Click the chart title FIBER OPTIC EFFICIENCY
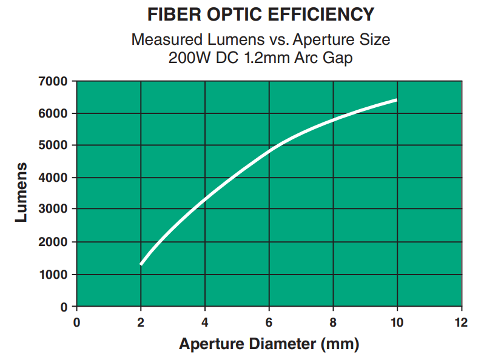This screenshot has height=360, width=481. click(x=261, y=14)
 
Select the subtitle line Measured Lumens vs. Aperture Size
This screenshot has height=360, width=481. click(x=261, y=41)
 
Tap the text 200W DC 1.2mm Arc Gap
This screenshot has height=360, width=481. click(x=261, y=59)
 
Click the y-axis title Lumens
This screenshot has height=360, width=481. click(x=21, y=193)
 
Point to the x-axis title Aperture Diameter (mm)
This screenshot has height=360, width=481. click(x=269, y=344)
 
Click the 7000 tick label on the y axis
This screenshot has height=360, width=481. click(x=56, y=81)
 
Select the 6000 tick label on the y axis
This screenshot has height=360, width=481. click(x=56, y=113)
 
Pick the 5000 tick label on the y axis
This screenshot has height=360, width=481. click(x=56, y=145)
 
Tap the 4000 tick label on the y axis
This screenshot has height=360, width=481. click(x=56, y=178)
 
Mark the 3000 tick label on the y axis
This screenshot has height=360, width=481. click(x=56, y=210)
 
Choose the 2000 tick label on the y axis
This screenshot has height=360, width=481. click(x=56, y=242)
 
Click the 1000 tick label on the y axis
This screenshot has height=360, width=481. click(x=56, y=275)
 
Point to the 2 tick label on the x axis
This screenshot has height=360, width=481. click(x=141, y=322)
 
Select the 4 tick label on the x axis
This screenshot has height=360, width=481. click(x=205, y=322)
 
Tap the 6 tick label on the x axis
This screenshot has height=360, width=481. click(x=269, y=322)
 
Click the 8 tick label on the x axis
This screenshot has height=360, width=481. click(x=333, y=322)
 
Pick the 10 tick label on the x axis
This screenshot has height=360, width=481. click(x=397, y=322)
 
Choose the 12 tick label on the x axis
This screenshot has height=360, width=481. click(x=461, y=322)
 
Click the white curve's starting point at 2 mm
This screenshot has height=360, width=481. click(x=141, y=264)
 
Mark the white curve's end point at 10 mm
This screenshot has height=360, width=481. click(x=397, y=100)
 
